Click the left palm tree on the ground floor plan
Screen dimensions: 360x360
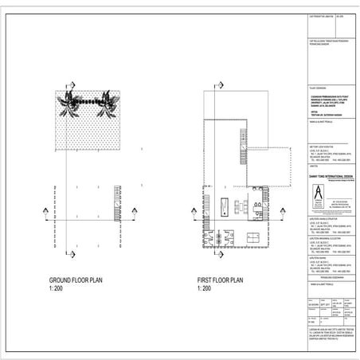tap(80, 102)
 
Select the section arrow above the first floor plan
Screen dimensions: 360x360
tap(219, 82)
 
